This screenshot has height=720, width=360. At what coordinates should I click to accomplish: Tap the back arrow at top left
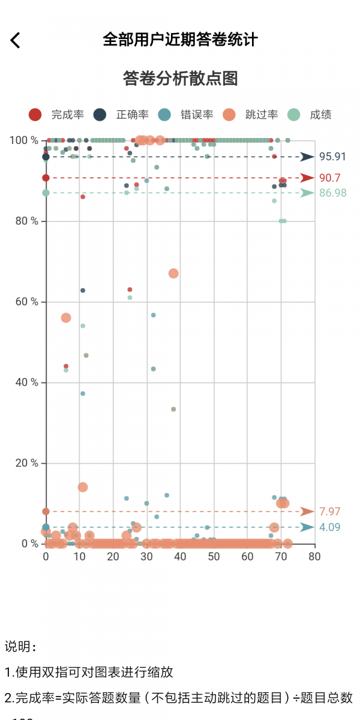click(16, 40)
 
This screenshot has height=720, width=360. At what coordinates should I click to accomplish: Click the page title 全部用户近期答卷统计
click(180, 40)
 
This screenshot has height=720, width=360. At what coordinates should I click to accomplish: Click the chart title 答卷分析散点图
click(180, 79)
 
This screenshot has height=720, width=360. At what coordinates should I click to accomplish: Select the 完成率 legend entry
click(56, 115)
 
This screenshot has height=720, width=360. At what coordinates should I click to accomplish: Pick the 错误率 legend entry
click(186, 115)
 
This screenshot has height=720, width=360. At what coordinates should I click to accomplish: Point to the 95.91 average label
click(332, 157)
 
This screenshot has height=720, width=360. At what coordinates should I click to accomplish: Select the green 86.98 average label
click(332, 193)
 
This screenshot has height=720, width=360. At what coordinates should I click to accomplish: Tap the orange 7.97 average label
click(329, 512)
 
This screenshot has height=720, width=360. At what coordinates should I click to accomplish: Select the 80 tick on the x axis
click(314, 556)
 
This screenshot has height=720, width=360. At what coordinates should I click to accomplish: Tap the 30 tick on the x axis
click(146, 556)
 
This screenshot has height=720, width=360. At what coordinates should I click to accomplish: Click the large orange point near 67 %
click(173, 274)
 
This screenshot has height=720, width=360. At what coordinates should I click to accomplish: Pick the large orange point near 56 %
click(66, 318)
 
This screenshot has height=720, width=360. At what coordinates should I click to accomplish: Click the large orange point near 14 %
click(83, 487)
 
